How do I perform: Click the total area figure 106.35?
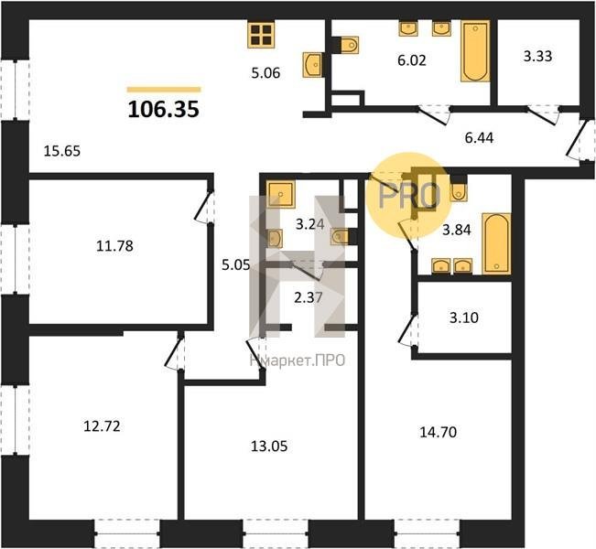(x=164, y=110)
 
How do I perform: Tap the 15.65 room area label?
(x=62, y=151)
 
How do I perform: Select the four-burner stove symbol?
(x=261, y=35)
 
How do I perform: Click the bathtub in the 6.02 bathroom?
(x=475, y=51)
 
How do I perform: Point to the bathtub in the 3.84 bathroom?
(x=496, y=243)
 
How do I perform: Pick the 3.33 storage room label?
(x=537, y=56)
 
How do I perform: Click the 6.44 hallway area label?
(x=480, y=138)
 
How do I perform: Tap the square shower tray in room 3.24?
(x=280, y=194)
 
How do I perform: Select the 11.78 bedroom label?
(x=114, y=246)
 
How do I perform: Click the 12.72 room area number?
(x=102, y=426)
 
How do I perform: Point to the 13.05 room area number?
(x=269, y=446)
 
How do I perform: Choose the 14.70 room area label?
(x=439, y=433)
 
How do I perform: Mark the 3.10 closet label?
(x=464, y=318)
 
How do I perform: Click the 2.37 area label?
(x=309, y=298)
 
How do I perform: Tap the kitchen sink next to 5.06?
(x=312, y=65)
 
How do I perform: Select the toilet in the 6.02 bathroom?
(x=349, y=45)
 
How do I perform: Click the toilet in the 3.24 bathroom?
(x=340, y=237)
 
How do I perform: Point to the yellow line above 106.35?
(x=164, y=90)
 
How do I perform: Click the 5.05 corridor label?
(x=236, y=264)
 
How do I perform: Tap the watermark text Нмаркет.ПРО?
(x=298, y=361)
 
